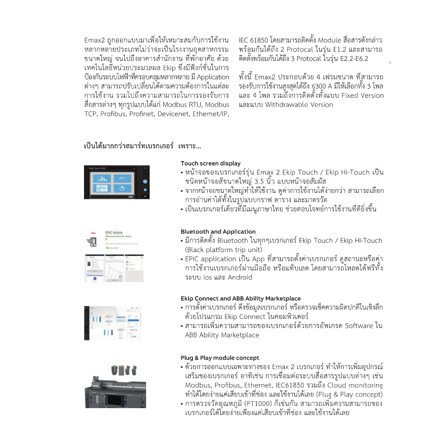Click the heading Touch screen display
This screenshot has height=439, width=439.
210,163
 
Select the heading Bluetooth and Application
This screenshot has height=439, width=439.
218,232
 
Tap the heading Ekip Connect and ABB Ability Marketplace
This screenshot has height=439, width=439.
241,298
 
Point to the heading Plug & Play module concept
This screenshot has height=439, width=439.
220,358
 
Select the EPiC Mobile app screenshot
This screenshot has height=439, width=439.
114,256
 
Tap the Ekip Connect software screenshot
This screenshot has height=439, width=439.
112,322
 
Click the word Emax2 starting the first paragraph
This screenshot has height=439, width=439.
94,40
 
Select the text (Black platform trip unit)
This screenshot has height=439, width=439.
223,250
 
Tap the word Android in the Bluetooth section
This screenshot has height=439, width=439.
240,277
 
